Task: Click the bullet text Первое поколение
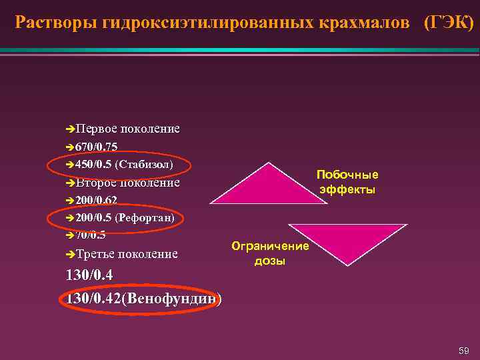[127, 128]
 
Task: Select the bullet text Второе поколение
[127, 183]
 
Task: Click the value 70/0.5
[91, 235]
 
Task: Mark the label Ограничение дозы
[270, 253]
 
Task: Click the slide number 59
[463, 350]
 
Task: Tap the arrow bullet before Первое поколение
[71, 128]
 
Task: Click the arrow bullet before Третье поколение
[71, 254]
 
